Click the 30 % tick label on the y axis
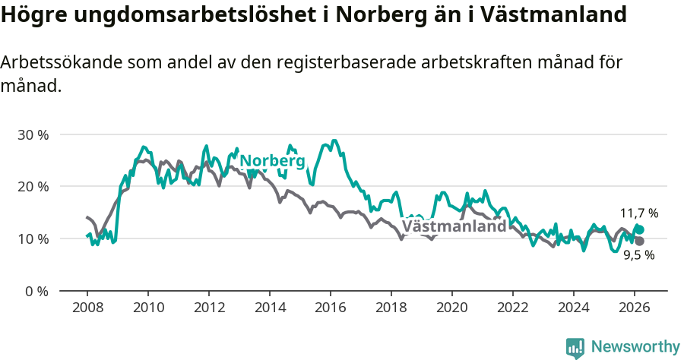[x=33, y=134]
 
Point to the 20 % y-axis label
[x=33, y=187]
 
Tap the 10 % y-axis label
[x=33, y=238]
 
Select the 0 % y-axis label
[x=36, y=291]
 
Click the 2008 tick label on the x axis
[x=87, y=307]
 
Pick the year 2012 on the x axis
[x=209, y=307]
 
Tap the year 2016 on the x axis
[x=331, y=307]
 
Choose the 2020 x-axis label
[x=451, y=307]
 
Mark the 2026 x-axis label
[x=634, y=307]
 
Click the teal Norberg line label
[x=272, y=161]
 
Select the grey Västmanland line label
[x=454, y=226]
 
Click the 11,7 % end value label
[x=639, y=213]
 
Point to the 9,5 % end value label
[x=639, y=255]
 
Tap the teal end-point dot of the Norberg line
[x=640, y=229]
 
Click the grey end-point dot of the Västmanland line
[x=640, y=241]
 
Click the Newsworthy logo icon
[x=575, y=348]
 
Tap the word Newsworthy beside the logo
[x=635, y=347]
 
